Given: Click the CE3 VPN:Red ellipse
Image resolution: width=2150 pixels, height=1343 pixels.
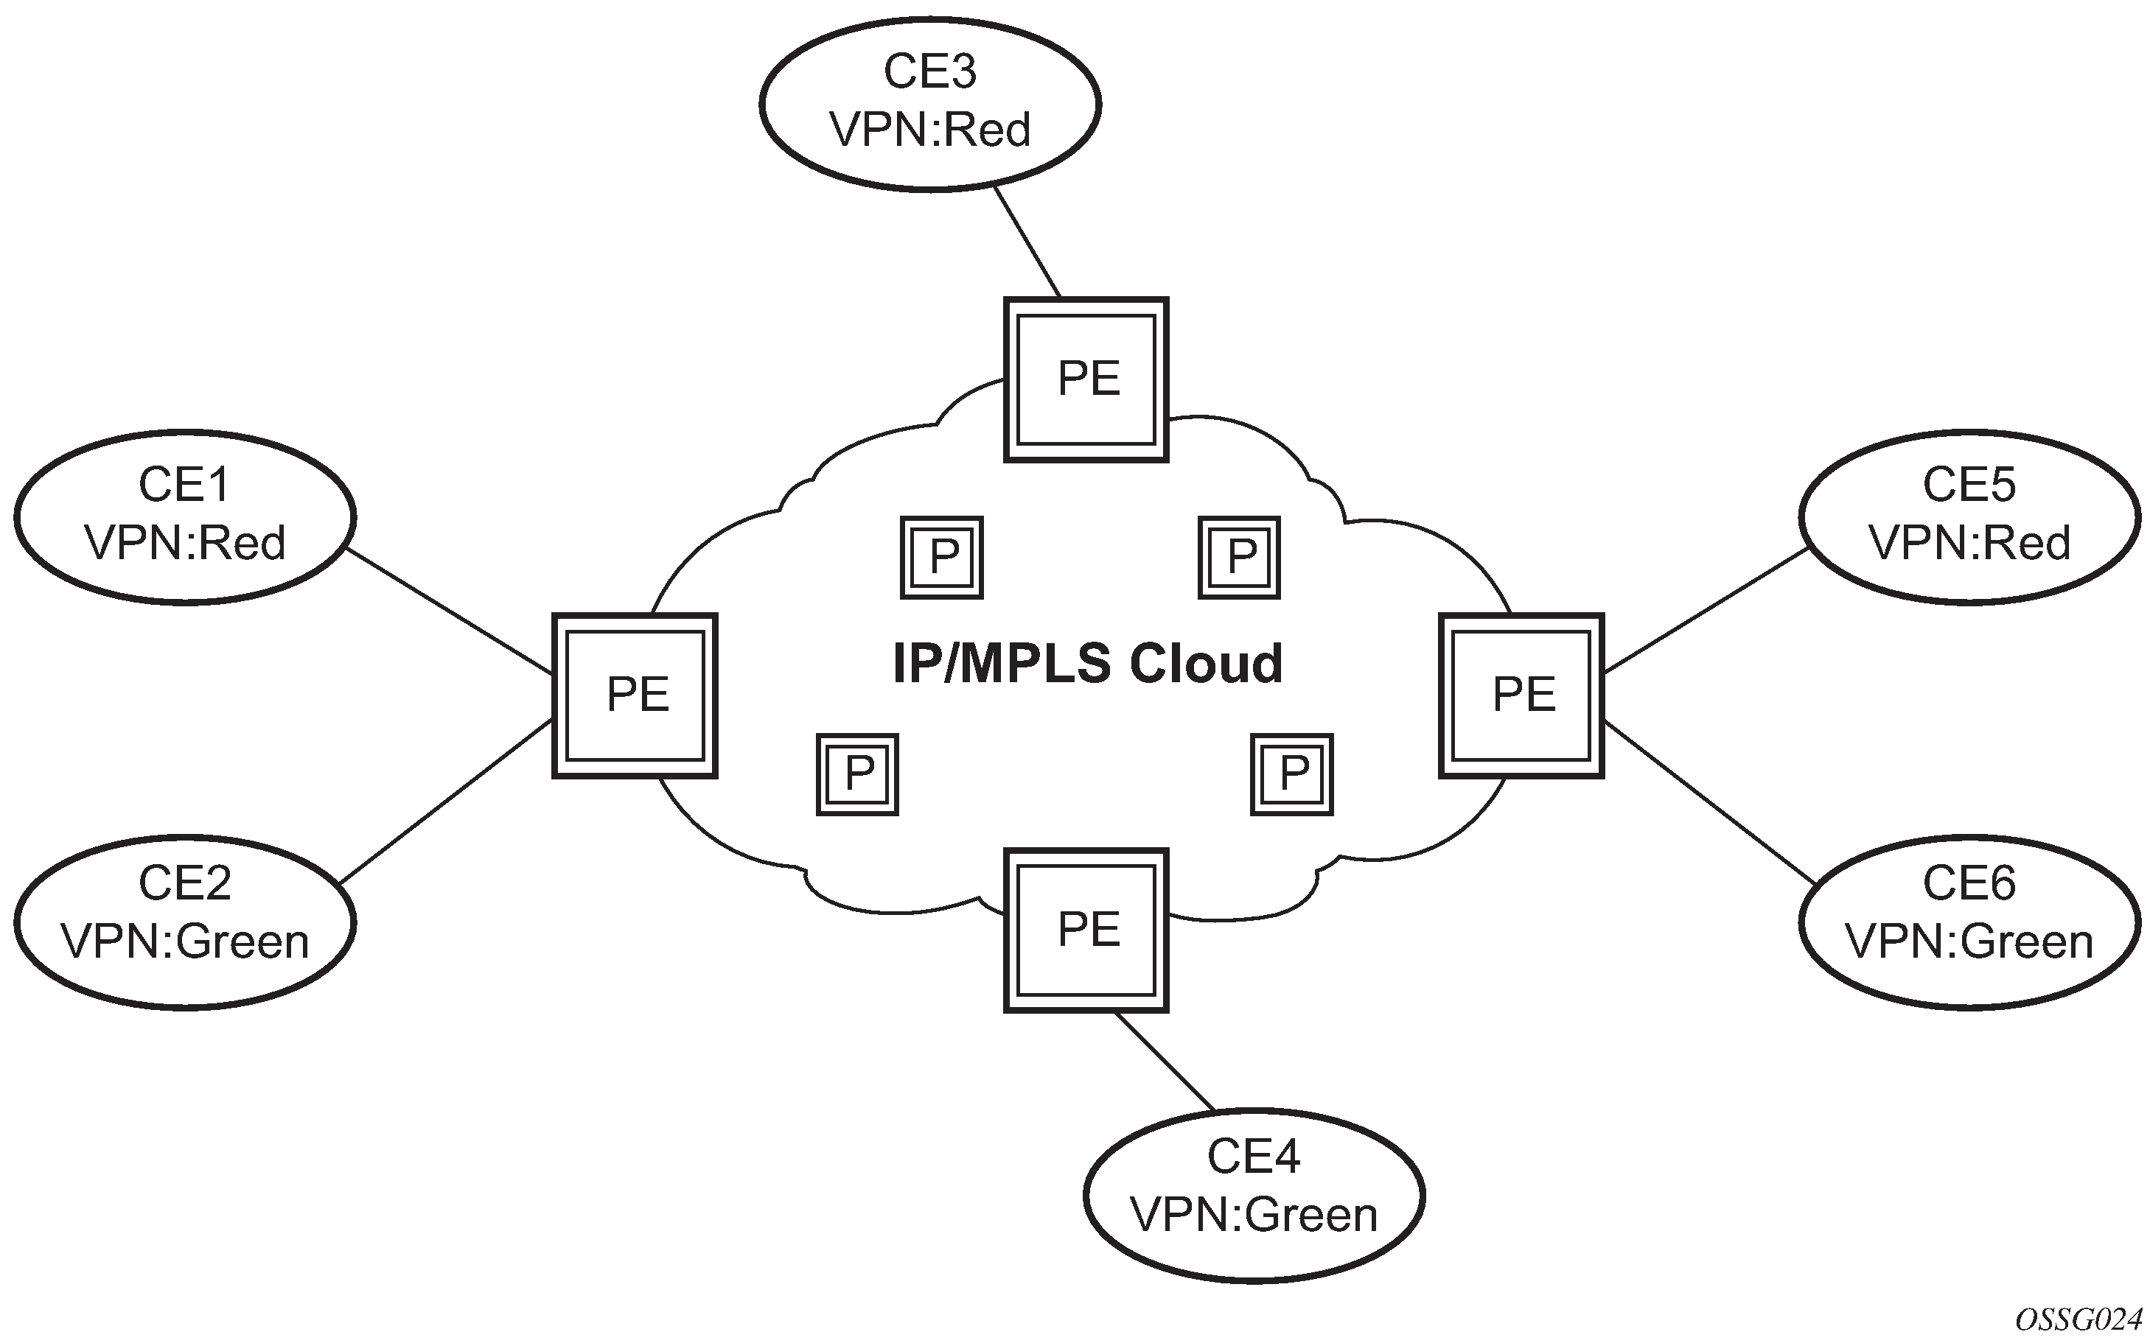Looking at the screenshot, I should [x=930, y=104].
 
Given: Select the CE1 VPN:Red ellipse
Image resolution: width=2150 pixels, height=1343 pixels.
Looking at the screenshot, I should [x=185, y=517].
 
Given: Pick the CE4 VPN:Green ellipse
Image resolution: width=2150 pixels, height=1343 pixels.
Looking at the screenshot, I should [x=1254, y=1195].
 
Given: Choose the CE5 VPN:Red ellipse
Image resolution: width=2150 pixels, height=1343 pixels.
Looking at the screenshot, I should [x=1969, y=517].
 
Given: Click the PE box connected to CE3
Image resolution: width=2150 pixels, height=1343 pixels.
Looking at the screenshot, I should [x=1086, y=379].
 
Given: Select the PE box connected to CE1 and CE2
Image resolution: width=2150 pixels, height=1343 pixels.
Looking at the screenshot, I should [x=635, y=695].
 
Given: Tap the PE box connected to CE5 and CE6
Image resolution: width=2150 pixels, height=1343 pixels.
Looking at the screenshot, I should [x=1521, y=695].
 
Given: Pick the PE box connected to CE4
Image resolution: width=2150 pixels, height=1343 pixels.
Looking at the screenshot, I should [x=1086, y=930].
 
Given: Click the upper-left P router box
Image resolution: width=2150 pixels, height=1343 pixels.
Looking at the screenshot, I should [x=942, y=557].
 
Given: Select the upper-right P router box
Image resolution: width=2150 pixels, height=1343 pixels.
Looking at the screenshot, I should [x=1239, y=557].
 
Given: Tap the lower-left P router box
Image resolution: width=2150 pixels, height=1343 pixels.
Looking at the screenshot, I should [x=857, y=774].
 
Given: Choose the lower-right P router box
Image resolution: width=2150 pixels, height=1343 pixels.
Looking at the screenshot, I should [x=1292, y=774].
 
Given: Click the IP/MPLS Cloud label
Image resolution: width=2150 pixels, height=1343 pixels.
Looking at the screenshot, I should [x=1087, y=664].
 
